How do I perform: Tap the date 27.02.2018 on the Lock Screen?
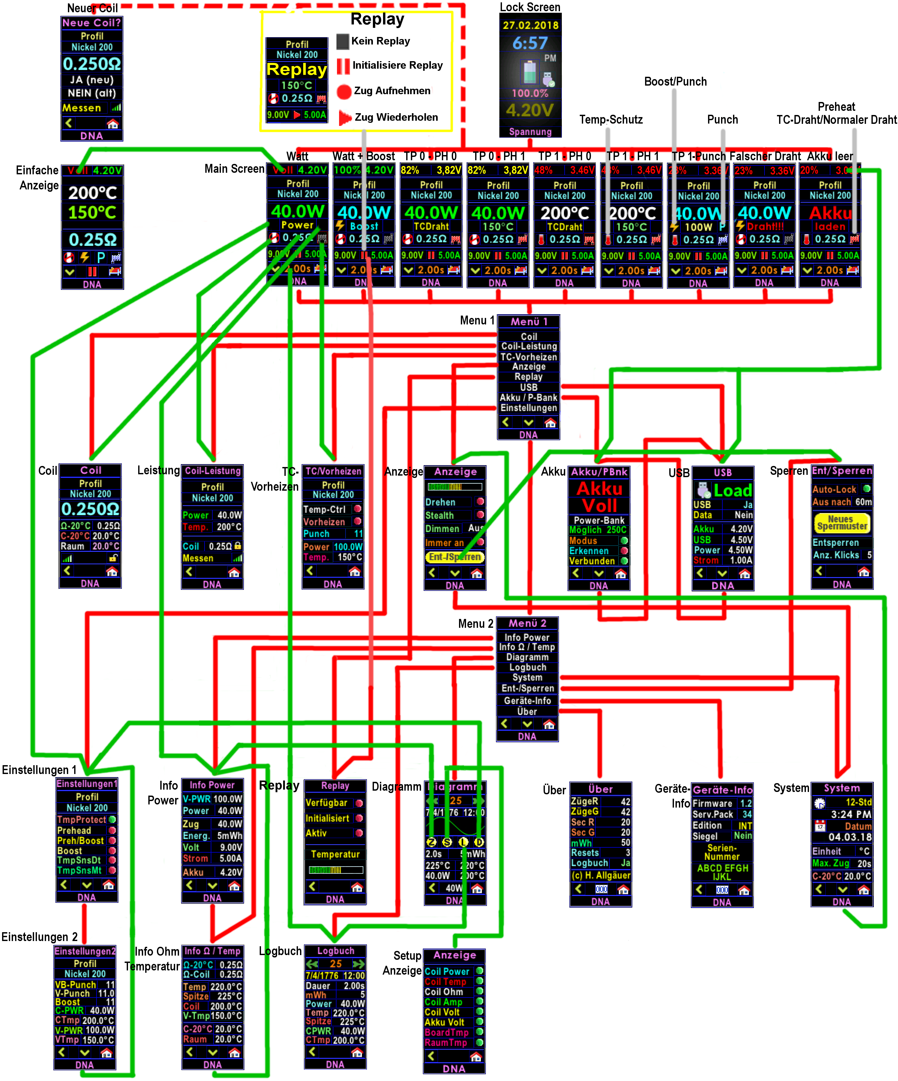pyautogui.click(x=530, y=25)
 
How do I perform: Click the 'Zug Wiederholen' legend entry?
pyautogui.click(x=396, y=117)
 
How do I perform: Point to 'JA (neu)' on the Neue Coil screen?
pyautogui.click(x=92, y=80)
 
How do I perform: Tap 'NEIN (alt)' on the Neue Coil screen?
pyautogui.click(x=92, y=93)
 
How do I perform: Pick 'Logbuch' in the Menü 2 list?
pyautogui.click(x=527, y=667)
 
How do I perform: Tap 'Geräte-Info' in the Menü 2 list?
pyautogui.click(x=527, y=701)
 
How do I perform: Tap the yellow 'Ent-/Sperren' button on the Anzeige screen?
pyautogui.click(x=455, y=557)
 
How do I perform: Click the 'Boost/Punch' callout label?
pyautogui.click(x=675, y=81)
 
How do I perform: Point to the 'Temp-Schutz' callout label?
pyautogui.click(x=611, y=119)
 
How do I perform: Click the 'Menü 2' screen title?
pyautogui.click(x=527, y=623)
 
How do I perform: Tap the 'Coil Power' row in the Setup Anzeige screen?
pyautogui.click(x=447, y=971)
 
